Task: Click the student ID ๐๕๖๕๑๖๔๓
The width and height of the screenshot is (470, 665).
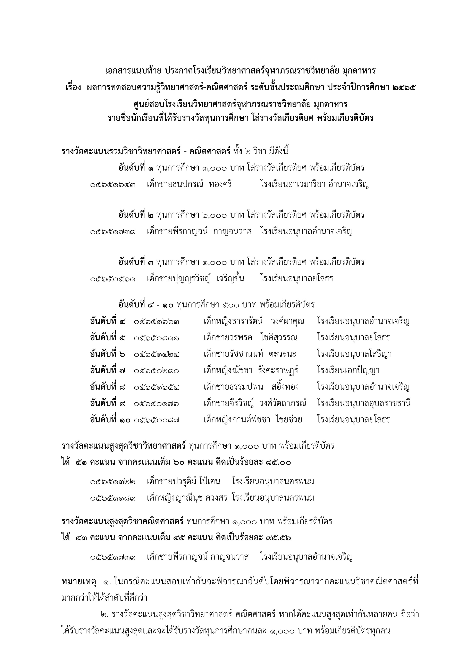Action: point(113,184)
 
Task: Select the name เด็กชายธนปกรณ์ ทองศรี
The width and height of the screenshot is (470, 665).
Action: point(189,184)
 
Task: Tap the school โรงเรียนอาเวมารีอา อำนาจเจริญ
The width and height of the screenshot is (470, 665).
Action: point(314,184)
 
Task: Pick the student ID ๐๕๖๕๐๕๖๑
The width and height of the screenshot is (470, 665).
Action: point(113,279)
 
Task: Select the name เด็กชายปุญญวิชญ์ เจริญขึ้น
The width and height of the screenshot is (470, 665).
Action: point(195,279)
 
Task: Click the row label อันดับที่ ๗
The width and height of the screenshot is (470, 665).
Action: point(108,371)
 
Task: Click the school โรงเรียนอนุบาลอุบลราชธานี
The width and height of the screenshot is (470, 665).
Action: point(364,403)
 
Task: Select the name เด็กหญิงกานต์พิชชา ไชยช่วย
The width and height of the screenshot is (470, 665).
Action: point(253,420)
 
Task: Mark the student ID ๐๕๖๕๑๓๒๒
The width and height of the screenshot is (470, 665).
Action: point(113,482)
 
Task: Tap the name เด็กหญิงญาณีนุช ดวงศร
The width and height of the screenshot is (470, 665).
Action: point(187,498)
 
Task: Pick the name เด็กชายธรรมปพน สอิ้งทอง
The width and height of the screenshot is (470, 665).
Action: point(251,387)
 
